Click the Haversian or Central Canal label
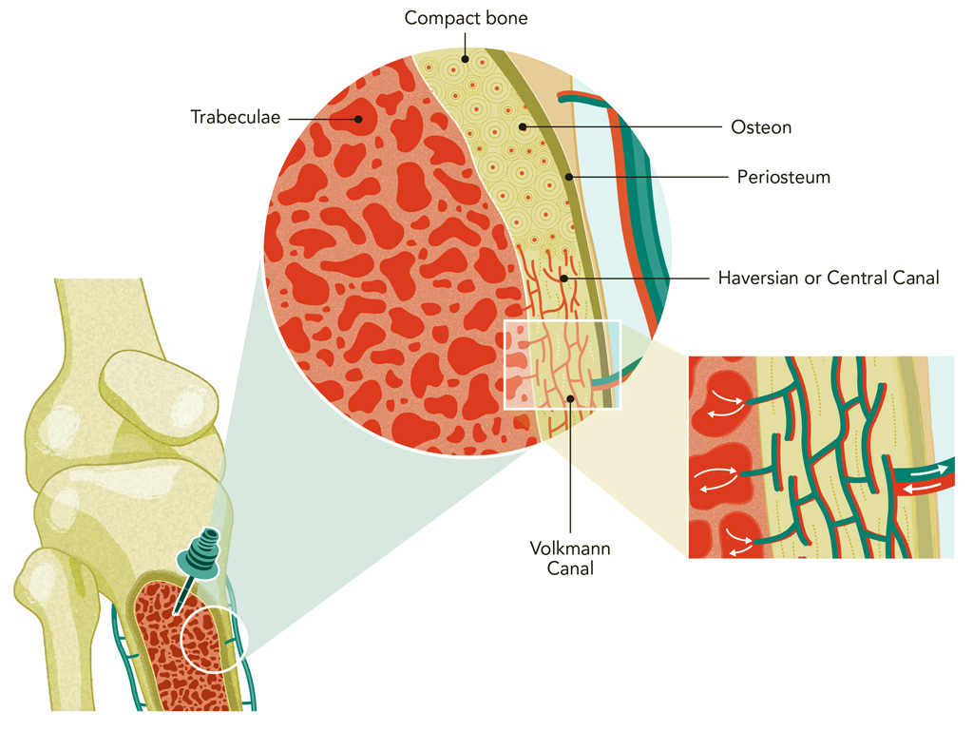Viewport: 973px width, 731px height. pos(828,279)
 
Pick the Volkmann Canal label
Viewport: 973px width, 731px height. pos(570,559)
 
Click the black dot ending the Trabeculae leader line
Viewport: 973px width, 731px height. pos(359,119)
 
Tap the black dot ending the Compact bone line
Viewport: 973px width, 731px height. pos(465,59)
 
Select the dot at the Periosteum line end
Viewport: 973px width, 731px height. pos(568,177)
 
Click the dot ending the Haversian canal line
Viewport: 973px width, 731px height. pos(564,279)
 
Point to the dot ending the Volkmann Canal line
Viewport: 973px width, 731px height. pos(570,398)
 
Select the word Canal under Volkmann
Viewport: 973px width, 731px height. pos(570,568)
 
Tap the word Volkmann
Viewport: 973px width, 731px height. pos(570,549)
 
